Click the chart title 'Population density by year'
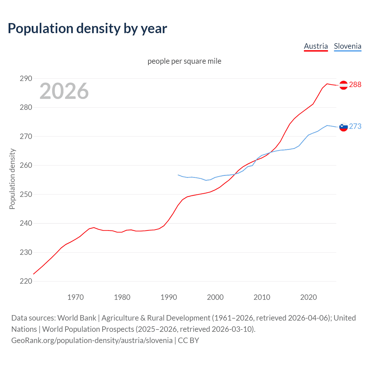click(87, 28)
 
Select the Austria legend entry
click(316, 46)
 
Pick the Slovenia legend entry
click(347, 46)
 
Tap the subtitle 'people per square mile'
click(184, 61)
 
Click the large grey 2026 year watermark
click(64, 91)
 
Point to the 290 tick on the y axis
click(26, 78)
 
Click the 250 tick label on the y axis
click(26, 194)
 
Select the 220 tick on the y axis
click(26, 281)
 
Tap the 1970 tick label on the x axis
click(76, 297)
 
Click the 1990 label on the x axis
click(169, 297)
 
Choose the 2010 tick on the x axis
click(262, 297)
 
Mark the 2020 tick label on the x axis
click(308, 297)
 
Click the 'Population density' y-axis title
click(12, 179)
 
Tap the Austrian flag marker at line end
click(343, 85)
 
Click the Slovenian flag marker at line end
click(343, 127)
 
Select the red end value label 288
click(355, 84)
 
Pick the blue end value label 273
click(355, 126)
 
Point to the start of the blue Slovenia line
click(178, 175)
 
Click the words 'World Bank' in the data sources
click(77, 318)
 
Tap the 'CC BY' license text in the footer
click(188, 340)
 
